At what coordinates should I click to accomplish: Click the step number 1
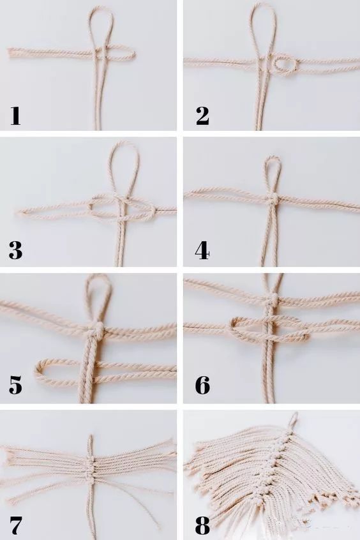pos(15,116)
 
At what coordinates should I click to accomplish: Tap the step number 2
pos(202,116)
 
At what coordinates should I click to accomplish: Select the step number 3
pos(15,250)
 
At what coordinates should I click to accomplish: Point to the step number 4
pos(202,250)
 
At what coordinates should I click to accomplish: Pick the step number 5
pos(15,385)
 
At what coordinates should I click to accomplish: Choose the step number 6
pos(202,385)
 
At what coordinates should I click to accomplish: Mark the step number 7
pos(15,524)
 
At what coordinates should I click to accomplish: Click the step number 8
pos(202,524)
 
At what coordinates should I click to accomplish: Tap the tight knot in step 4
pos(272,199)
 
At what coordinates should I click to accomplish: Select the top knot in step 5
pos(98,329)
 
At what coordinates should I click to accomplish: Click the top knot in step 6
pos(273,299)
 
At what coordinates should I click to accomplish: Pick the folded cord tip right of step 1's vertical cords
pos(133,55)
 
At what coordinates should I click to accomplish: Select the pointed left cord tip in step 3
pos(19,212)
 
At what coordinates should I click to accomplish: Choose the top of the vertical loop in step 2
pos(264,3)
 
